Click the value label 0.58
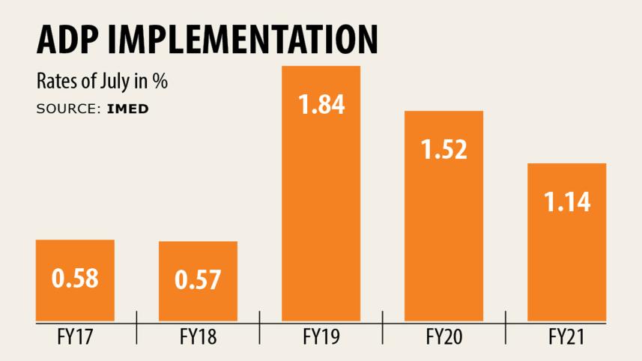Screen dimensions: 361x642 [x=75, y=279]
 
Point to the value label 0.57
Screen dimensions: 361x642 [x=198, y=280]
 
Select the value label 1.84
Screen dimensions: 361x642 [x=321, y=105]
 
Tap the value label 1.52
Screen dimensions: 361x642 [x=443, y=149]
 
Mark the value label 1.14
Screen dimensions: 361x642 [x=566, y=201]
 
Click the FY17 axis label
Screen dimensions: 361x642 [x=75, y=338]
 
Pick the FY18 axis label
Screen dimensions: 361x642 [x=198, y=338]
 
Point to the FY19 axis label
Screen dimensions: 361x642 [x=321, y=338]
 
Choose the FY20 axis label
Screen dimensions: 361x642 [x=443, y=338]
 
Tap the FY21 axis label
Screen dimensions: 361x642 [x=566, y=338]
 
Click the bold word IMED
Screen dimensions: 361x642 [x=127, y=109]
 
